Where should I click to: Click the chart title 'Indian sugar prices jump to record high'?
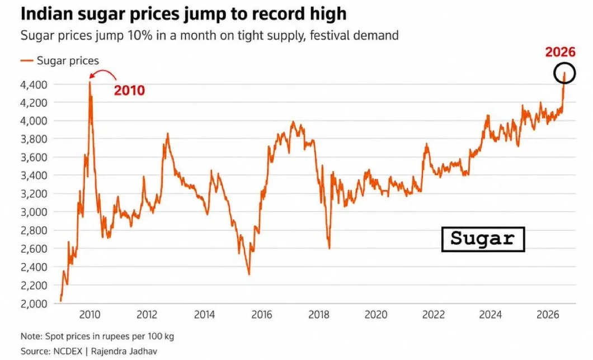coord(183,15)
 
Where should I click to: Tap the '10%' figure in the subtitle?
coord(140,36)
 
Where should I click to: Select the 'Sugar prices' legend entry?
coord(60,61)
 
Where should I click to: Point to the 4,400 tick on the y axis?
coord(34,84)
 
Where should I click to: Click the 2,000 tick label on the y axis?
coord(34,304)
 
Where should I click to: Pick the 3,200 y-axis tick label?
coord(34,194)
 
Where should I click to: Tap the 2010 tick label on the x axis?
coord(90,315)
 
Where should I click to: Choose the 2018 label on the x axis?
coord(319,315)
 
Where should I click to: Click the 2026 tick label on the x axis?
coord(548,315)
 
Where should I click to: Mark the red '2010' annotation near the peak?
coord(129,91)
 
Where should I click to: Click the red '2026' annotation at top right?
coord(560,52)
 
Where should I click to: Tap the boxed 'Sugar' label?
coord(483,239)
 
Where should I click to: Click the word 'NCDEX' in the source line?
coord(68,351)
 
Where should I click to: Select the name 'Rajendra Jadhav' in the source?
coord(124,351)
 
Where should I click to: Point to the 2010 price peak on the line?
coord(90,82)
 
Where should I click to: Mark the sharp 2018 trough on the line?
coord(330,248)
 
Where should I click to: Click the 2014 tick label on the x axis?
coord(204,315)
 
